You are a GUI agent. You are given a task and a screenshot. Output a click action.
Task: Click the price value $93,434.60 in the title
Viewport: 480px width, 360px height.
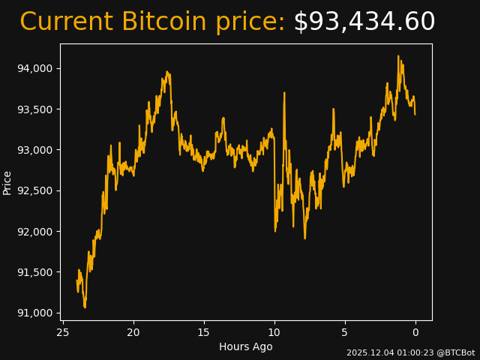point(364,22)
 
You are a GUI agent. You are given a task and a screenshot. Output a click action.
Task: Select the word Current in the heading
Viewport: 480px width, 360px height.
point(66,22)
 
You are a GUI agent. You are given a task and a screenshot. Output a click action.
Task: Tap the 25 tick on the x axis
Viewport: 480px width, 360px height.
point(63,332)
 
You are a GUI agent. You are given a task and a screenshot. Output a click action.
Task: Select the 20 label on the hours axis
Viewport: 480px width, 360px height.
point(133,332)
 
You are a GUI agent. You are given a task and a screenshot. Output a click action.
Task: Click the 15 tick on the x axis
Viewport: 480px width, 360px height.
point(204,332)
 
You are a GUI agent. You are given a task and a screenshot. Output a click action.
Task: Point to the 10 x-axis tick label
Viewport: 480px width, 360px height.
point(274,332)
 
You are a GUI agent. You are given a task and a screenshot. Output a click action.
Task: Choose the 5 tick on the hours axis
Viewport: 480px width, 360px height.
point(345,332)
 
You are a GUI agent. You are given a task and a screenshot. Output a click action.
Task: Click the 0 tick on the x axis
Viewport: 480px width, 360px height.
point(415,332)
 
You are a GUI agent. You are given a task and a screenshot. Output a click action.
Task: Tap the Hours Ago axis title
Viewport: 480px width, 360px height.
point(246,346)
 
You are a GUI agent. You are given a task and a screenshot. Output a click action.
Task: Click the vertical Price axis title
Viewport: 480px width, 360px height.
point(7,182)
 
